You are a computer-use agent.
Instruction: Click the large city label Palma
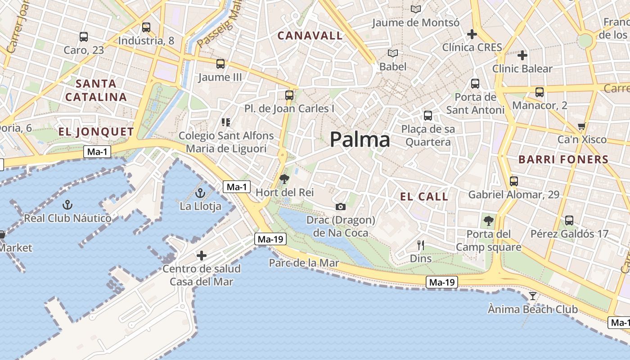click(x=360, y=140)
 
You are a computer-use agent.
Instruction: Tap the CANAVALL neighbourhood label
click(x=310, y=36)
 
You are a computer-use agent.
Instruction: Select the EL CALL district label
click(x=424, y=197)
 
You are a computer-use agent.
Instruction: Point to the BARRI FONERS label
click(x=563, y=159)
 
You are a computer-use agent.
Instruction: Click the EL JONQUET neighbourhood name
click(x=96, y=132)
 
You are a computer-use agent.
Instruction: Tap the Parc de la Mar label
click(x=304, y=263)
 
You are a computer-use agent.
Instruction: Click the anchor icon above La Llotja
click(x=200, y=193)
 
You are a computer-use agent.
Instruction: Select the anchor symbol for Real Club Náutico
click(x=67, y=205)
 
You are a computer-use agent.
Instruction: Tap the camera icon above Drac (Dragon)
click(x=341, y=207)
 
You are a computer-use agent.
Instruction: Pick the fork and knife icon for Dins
click(x=421, y=245)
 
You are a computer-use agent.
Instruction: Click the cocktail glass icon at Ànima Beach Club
click(x=533, y=296)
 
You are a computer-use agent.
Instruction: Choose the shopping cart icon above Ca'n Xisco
click(x=581, y=126)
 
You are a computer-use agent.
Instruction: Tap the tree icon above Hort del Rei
click(x=284, y=180)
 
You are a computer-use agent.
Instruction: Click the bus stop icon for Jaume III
click(x=220, y=64)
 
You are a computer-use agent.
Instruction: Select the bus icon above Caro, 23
click(x=83, y=37)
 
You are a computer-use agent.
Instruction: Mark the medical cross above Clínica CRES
click(x=472, y=34)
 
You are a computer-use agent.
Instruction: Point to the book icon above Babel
click(x=393, y=54)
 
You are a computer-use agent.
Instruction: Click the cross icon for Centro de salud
click(x=202, y=256)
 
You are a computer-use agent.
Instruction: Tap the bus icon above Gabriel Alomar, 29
click(x=513, y=181)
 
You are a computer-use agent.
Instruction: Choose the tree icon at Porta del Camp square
click(x=488, y=221)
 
